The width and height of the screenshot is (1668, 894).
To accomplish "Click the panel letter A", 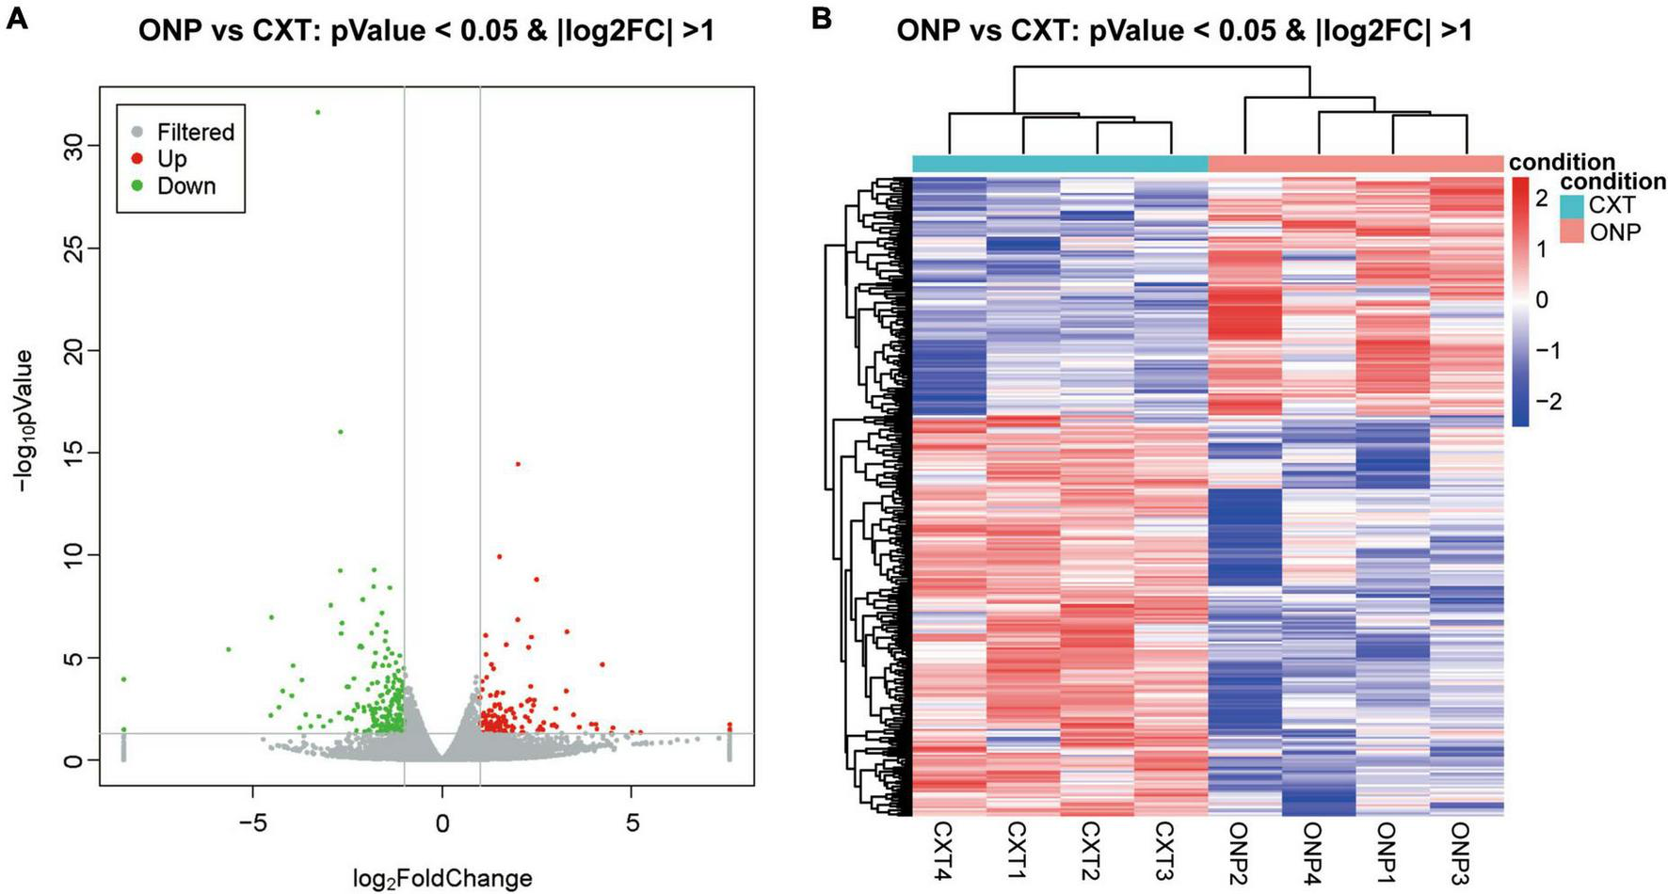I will coord(16,18).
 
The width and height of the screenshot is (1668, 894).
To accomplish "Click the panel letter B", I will coord(821,18).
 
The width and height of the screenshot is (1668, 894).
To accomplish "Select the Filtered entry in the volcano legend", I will coord(195,133).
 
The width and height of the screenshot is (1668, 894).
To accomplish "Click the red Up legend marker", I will coord(137,159).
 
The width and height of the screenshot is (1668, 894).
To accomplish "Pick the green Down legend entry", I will coord(185,186).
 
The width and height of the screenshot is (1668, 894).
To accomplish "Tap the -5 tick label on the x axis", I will coord(253,822).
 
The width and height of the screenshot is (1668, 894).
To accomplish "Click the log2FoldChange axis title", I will coord(442,879).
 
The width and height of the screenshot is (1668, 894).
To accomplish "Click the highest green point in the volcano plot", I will coord(318,112).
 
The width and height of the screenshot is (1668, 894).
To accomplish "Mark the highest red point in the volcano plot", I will coord(518,464).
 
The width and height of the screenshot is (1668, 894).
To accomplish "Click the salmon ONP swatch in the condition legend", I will coord(1571,231).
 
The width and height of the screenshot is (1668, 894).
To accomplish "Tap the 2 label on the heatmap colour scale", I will coord(1542,198).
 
